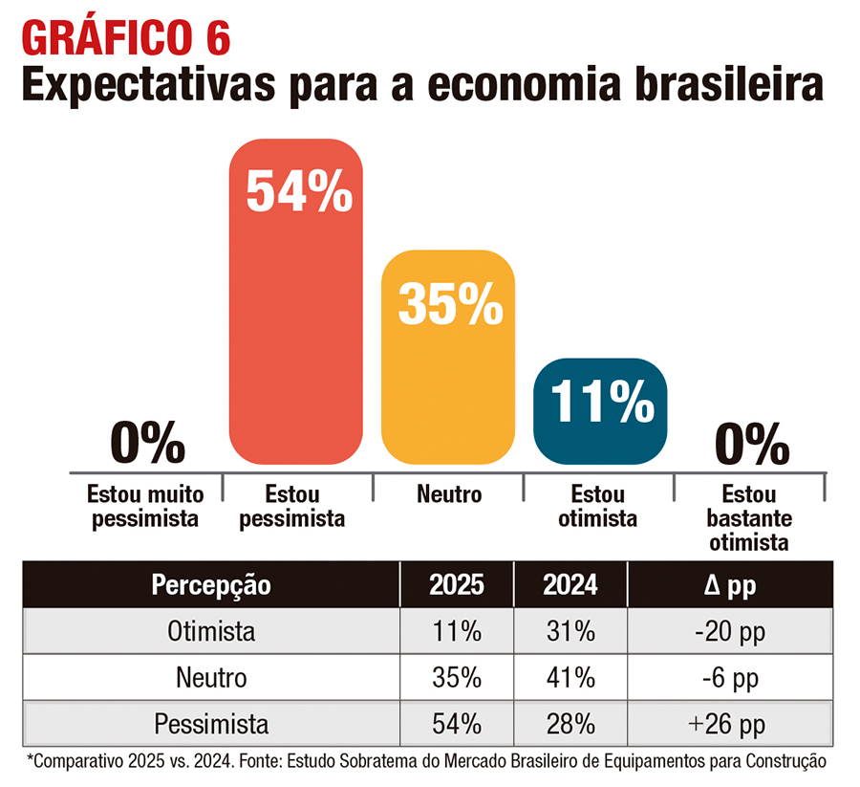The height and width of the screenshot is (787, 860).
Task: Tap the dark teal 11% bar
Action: coord(599,411)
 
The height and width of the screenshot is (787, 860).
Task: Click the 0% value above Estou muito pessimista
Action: coord(146,442)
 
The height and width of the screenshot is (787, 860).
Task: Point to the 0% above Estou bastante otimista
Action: coord(751,442)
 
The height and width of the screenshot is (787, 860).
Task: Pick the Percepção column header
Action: coord(211,585)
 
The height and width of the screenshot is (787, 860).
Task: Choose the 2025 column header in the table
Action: coord(456,585)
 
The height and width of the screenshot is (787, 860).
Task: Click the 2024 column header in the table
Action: coord(570,585)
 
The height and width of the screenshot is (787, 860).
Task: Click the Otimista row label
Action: coord(211,632)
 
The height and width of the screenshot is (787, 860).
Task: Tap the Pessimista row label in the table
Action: coord(211,722)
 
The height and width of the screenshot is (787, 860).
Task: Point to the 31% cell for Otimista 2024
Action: coord(570,632)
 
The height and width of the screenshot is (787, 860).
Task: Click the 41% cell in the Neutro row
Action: coord(570,677)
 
